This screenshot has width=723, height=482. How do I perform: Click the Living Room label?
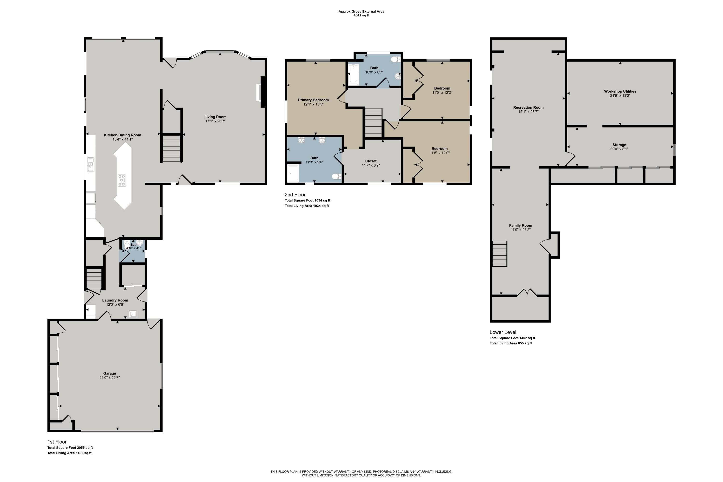pyautogui.click(x=215, y=117)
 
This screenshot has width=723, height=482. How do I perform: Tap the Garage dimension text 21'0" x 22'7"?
pyautogui.click(x=109, y=377)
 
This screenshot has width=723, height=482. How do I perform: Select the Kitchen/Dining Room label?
pyautogui.click(x=122, y=135)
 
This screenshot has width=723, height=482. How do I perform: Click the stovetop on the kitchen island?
pyautogui.click(x=122, y=180)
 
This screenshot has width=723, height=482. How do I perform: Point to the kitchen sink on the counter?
pyautogui.click(x=90, y=164)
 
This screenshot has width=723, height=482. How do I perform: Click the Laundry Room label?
pyautogui.click(x=115, y=300)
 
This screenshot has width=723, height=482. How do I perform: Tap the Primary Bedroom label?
pyautogui.click(x=313, y=100)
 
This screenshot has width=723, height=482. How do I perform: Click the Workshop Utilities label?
pyautogui.click(x=620, y=91)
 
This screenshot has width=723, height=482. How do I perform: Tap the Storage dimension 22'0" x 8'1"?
pyautogui.click(x=619, y=149)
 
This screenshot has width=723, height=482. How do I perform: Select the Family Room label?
pyautogui.click(x=520, y=225)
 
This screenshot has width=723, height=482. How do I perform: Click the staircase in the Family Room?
pyautogui.click(x=500, y=254)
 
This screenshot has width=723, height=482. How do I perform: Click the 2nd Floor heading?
pyautogui.click(x=295, y=194)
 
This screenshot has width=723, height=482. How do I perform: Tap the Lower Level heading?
pyautogui.click(x=503, y=332)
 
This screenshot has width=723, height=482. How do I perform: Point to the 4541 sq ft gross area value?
pyautogui.click(x=361, y=15)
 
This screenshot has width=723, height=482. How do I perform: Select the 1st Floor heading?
pyautogui.click(x=57, y=442)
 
